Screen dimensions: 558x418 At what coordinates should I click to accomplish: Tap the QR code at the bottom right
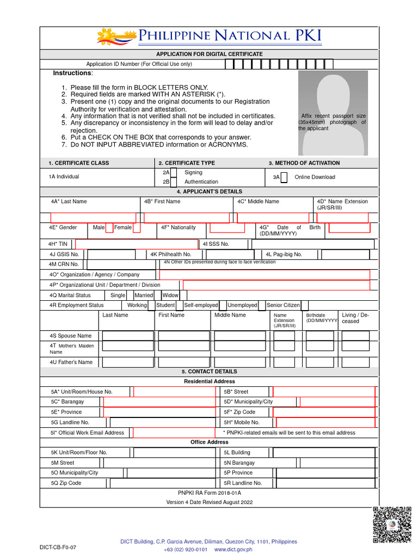pos(391,525)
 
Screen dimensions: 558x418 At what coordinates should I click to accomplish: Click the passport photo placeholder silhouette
pos(332,114)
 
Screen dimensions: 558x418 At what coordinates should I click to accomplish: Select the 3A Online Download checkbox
pos(284,177)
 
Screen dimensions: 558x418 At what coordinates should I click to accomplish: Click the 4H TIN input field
pos(137,244)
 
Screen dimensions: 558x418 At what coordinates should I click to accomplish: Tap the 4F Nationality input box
pos(227,228)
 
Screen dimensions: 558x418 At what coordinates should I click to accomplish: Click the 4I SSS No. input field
pos(312,244)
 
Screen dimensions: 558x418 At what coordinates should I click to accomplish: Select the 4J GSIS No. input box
pos(112,254)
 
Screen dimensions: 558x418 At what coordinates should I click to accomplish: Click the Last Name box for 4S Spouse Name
pos(128,336)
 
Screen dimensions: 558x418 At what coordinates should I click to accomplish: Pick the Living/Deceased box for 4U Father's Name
pos(355,362)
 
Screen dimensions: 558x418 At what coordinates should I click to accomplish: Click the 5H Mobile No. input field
pos(325,422)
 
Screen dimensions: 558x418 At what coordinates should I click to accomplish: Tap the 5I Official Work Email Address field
pos(175,433)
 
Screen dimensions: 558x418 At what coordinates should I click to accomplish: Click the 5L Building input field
pos(324,452)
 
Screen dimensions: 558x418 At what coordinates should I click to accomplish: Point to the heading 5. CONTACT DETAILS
pos(210,372)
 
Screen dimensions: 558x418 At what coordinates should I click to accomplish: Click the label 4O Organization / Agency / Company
pos(94,275)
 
